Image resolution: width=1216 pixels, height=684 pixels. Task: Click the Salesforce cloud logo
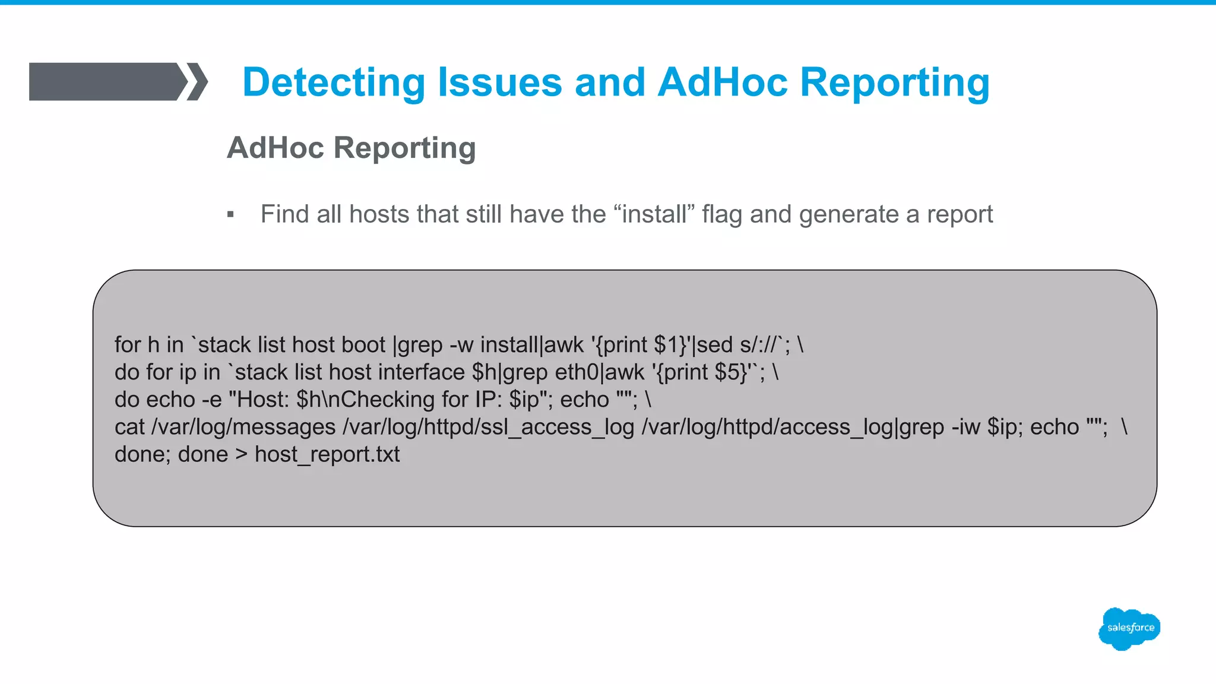[x=1129, y=628]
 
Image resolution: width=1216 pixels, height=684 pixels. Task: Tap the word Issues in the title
[x=499, y=82]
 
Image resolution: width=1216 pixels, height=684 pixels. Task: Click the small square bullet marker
[x=230, y=214]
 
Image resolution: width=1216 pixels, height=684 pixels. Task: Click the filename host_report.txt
[x=327, y=454]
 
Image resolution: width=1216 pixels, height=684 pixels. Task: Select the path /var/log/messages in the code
[x=243, y=427]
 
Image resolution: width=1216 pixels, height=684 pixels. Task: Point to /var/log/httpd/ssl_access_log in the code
[x=489, y=427]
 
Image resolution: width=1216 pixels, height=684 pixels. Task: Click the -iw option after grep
[x=965, y=427]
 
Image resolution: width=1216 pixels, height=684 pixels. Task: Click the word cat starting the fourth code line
[x=129, y=427]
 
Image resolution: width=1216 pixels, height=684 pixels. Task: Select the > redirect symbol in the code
[x=241, y=454]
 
